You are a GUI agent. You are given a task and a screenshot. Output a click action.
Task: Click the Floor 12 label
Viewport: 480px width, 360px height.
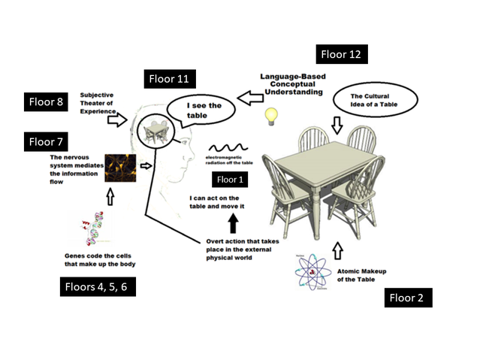coord(343,53)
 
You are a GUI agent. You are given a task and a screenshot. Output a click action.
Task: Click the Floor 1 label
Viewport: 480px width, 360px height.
coord(230,179)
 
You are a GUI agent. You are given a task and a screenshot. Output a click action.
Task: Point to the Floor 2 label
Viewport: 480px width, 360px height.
coord(406,298)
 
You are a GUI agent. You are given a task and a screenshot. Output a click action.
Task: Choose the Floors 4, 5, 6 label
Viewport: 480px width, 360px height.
coord(98,286)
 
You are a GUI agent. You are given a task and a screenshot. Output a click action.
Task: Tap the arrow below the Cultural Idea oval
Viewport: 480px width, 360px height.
coord(337,125)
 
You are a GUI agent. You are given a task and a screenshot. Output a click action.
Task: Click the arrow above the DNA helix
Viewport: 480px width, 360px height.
coord(111,195)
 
